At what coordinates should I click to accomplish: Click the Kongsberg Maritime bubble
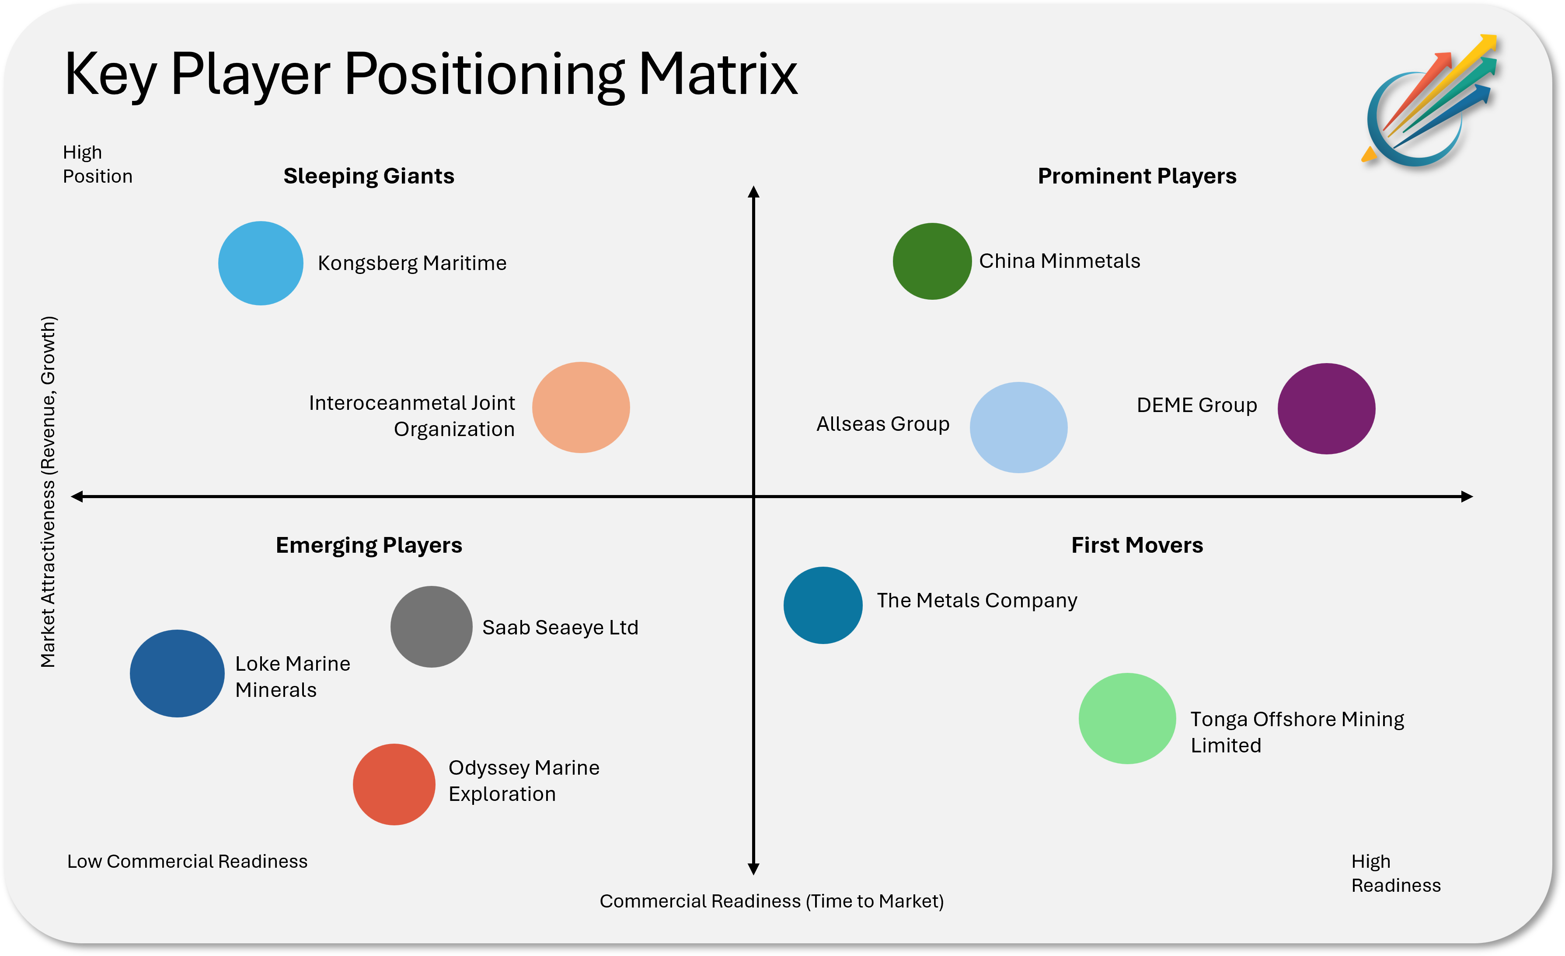click(x=261, y=263)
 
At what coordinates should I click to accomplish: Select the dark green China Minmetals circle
click(x=932, y=261)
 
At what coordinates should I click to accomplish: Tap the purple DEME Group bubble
click(x=1326, y=408)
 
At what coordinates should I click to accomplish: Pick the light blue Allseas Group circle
click(x=1018, y=427)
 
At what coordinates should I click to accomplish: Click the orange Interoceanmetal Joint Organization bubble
click(x=581, y=407)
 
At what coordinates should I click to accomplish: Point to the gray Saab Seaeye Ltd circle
click(x=431, y=627)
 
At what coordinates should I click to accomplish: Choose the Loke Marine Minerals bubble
click(x=177, y=673)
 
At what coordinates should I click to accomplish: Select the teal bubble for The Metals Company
click(x=823, y=605)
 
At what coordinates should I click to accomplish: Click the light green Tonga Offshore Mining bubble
click(x=1127, y=718)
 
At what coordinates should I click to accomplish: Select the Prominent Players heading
click(x=1137, y=176)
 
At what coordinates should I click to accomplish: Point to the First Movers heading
click(x=1137, y=545)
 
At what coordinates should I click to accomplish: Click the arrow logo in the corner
click(x=1429, y=101)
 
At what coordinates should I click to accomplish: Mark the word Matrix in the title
click(x=718, y=74)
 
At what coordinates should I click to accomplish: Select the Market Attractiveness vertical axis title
click(x=48, y=492)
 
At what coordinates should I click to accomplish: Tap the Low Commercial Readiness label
click(x=187, y=862)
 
